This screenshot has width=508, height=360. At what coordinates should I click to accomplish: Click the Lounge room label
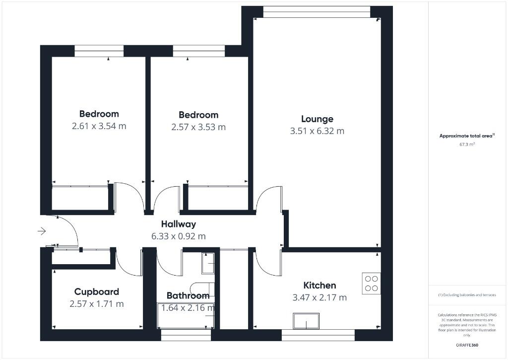[x=317, y=119]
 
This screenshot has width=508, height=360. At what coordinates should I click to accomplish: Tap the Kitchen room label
[x=319, y=286]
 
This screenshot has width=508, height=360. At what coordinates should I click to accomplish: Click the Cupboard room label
[x=96, y=292]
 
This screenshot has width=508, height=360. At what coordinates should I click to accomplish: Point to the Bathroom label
[x=188, y=296]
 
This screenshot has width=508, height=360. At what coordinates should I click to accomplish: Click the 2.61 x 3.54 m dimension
[x=99, y=126]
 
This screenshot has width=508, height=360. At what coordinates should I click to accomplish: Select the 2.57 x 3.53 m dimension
[x=198, y=127]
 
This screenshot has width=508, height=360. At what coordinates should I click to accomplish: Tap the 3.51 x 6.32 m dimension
[x=317, y=132]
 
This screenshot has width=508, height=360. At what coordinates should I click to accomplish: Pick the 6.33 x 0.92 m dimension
[x=178, y=237]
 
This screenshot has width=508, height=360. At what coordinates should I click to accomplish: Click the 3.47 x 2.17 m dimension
[x=319, y=298]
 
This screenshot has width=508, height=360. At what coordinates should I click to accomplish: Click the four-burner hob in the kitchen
[x=371, y=283]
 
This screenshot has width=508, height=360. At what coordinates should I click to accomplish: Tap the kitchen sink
[x=306, y=321]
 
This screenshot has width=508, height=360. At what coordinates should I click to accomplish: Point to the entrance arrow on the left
[x=41, y=231]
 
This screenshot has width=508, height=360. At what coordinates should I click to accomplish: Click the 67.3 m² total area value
[x=466, y=145]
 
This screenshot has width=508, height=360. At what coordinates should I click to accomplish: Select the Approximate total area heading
[x=467, y=136]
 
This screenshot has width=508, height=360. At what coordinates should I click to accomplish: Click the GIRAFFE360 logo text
[x=467, y=345]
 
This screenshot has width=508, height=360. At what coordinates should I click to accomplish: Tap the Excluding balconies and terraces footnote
[x=467, y=295]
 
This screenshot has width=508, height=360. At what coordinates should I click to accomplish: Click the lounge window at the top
[x=317, y=11]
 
